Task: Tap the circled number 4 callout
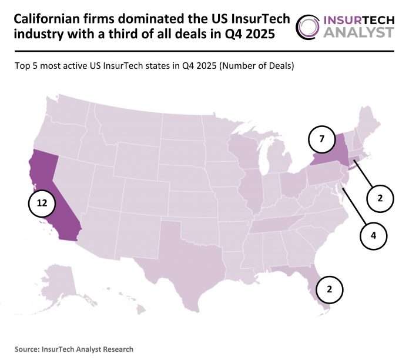pyautogui.click(x=374, y=236)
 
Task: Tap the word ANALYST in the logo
pyautogui.click(x=359, y=32)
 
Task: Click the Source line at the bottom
pyautogui.click(x=74, y=349)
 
